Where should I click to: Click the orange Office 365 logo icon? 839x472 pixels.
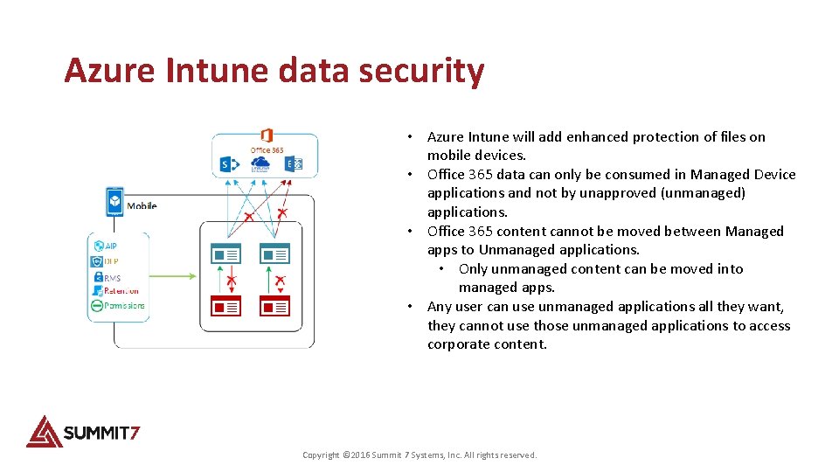coord(267,136)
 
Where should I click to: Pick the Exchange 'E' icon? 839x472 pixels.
coord(295,164)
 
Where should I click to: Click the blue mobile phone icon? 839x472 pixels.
coord(114,201)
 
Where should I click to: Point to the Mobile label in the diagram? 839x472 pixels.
coord(142,206)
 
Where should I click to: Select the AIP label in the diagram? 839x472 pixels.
coord(111,246)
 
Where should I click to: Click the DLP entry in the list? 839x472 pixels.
coord(111,261)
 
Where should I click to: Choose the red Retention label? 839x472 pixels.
coord(121,291)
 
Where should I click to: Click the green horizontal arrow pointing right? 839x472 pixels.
coord(171,276)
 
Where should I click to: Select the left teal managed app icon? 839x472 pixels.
coord(226,253)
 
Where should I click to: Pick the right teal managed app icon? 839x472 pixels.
coord(275,253)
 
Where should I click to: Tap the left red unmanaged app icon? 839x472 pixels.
coord(226,306)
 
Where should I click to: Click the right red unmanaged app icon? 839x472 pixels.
coord(275,306)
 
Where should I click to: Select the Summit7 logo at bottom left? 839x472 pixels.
coord(83,431)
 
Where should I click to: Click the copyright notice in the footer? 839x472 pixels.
coord(419,455)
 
